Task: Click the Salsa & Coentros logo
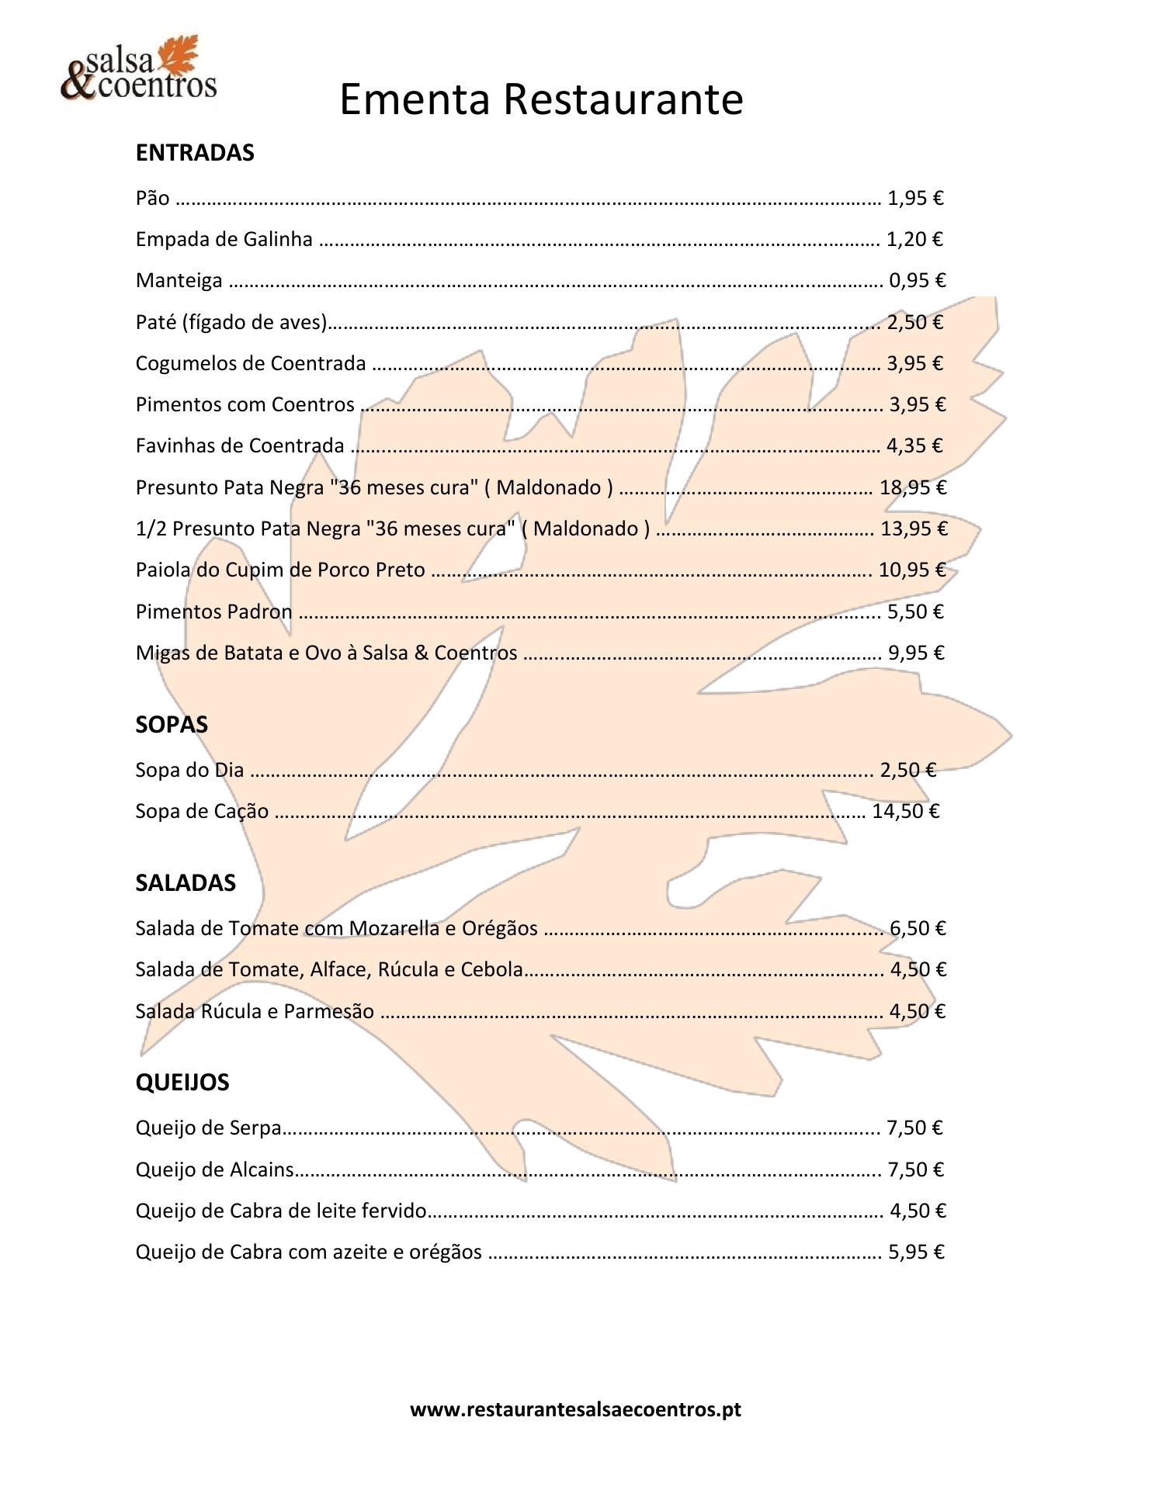click(x=138, y=70)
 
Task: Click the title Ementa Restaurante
click(x=541, y=99)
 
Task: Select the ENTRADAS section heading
click(x=195, y=153)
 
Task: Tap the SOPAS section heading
click(x=172, y=725)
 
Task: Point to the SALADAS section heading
click(x=186, y=883)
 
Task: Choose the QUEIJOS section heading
click(x=182, y=1083)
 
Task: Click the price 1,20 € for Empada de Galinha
click(x=914, y=239)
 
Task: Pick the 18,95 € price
click(x=913, y=487)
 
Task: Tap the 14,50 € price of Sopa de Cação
click(x=905, y=812)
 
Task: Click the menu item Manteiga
click(x=179, y=280)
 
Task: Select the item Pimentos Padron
click(x=213, y=612)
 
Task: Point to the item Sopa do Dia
click(x=189, y=771)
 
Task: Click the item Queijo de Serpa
click(x=208, y=1128)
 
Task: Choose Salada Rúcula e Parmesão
click(x=255, y=1012)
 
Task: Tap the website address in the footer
click(x=575, y=1409)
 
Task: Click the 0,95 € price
click(x=917, y=280)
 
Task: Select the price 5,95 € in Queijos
click(x=916, y=1252)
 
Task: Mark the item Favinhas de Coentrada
click(x=240, y=446)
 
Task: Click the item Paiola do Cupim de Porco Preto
click(x=280, y=570)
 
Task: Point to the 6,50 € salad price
click(x=918, y=928)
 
